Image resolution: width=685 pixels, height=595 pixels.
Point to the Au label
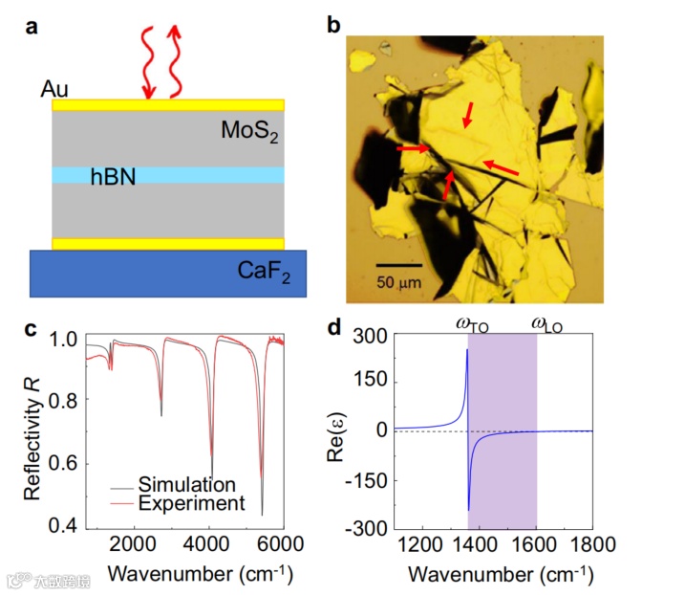pyautogui.click(x=54, y=89)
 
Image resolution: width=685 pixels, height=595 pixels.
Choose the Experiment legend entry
pyautogui.click(x=191, y=502)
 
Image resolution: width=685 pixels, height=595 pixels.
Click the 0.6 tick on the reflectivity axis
pyautogui.click(x=64, y=464)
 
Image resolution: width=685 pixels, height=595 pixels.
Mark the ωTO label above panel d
pyautogui.click(x=471, y=325)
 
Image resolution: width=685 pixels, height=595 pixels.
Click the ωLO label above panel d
pyautogui.click(x=546, y=325)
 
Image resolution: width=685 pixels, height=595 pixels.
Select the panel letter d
pyautogui.click(x=334, y=328)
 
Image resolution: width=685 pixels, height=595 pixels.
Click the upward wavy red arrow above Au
pyautogui.click(x=174, y=62)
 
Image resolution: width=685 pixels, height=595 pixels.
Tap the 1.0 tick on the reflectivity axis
pyautogui.click(x=64, y=339)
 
